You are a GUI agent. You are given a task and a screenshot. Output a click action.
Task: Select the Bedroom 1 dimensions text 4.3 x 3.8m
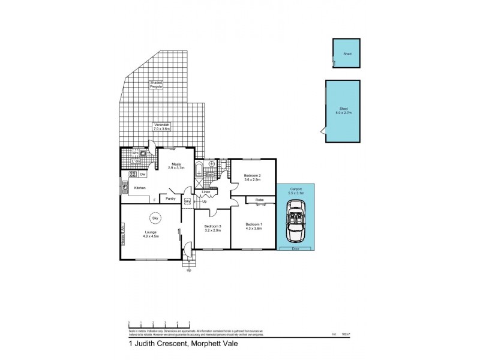[x=253, y=228]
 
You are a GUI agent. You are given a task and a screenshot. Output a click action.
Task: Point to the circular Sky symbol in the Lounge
[x=155, y=218]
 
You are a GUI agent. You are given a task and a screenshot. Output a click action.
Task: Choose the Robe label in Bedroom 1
[x=260, y=200]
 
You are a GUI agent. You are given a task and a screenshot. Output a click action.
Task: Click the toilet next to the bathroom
[x=223, y=166]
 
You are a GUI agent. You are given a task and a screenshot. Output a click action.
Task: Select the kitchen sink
[x=125, y=187]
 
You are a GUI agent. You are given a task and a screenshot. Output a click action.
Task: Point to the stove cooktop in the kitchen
[x=134, y=175]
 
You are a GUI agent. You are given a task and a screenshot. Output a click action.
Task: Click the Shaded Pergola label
[x=156, y=85]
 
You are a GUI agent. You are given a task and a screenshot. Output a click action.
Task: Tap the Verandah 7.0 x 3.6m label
[x=162, y=127]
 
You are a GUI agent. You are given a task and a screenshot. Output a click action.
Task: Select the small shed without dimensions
[x=347, y=54]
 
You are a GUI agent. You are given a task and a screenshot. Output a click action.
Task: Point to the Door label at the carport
[x=295, y=248]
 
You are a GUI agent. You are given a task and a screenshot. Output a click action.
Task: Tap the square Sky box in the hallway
[x=187, y=201]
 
